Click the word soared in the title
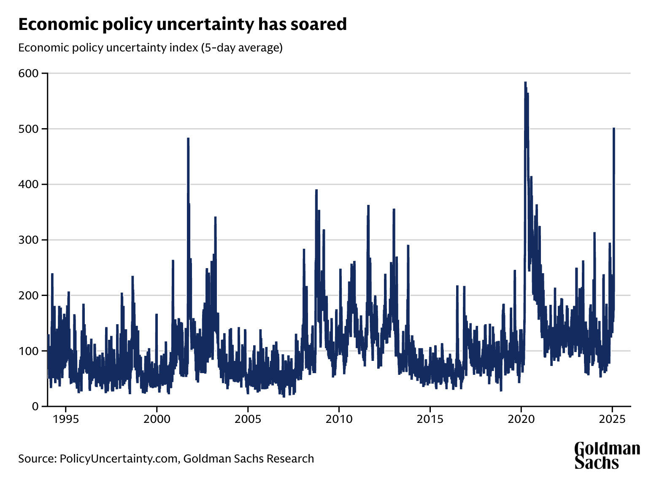click(320, 24)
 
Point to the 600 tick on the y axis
click(28, 73)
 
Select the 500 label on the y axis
click(28, 129)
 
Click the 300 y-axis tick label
click(28, 240)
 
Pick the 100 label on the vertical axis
click(28, 351)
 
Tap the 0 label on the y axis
click(35, 406)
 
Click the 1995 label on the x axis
click(65, 420)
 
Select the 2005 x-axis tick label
click(248, 420)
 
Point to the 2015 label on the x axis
click(430, 420)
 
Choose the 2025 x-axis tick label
click(612, 420)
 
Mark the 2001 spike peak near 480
click(188, 139)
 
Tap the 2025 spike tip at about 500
click(614, 129)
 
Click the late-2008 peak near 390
click(316, 191)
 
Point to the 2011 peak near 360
click(368, 206)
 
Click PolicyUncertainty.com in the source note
click(119, 459)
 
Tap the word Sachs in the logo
click(597, 462)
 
